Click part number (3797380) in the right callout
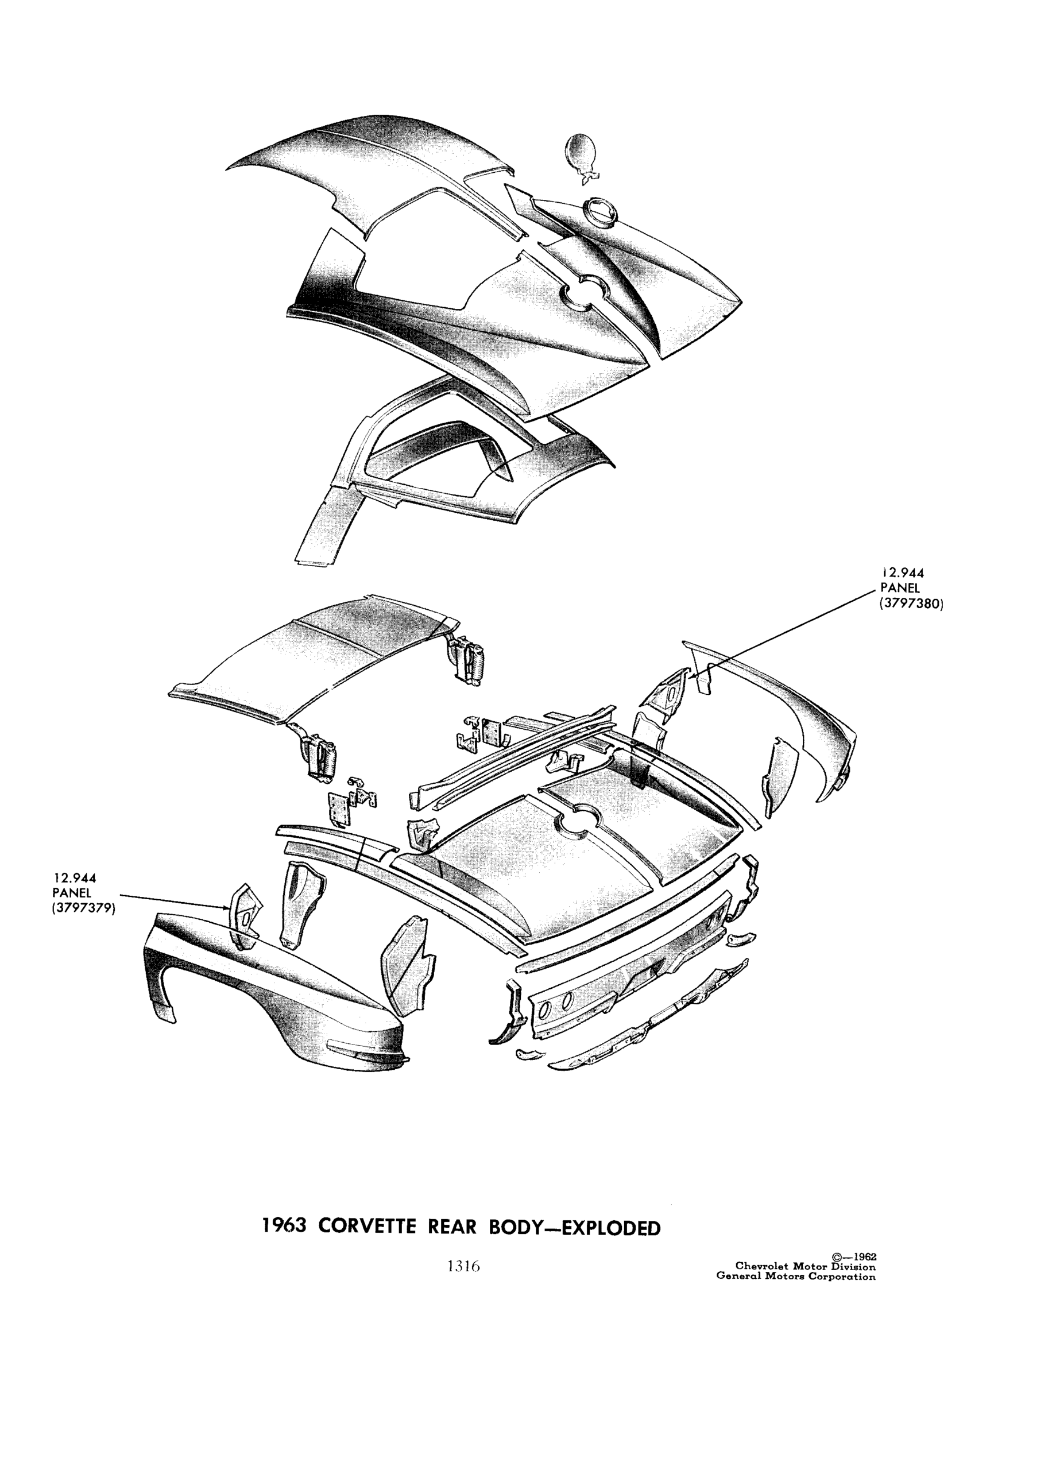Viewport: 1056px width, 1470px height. [x=911, y=605]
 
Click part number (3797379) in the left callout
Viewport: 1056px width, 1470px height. [x=84, y=908]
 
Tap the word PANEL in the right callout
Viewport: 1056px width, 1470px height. [x=899, y=589]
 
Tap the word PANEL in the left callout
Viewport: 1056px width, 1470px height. [x=72, y=892]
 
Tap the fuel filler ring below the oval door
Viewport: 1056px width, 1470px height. [x=599, y=213]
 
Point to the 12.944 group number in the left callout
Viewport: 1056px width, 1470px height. [x=75, y=878]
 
